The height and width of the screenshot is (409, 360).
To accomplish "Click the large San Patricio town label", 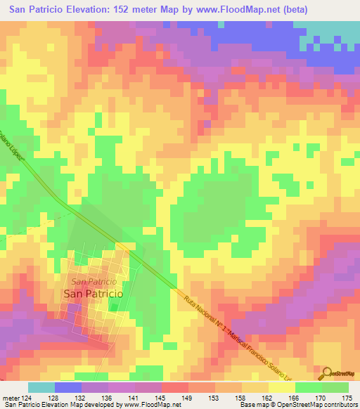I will (93, 294).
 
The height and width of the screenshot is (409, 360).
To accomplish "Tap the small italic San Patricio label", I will (98, 281).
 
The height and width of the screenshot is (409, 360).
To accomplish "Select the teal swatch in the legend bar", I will (41, 387).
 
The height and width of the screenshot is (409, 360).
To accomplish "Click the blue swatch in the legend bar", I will (67, 387).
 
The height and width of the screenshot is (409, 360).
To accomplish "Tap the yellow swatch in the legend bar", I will (284, 387).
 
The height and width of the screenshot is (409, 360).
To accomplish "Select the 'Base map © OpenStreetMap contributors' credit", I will (309, 405).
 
